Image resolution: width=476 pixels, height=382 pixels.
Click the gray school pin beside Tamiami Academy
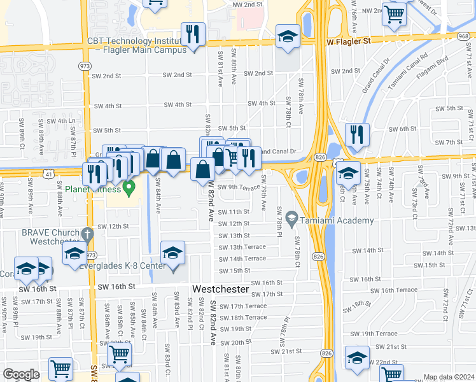[292, 220]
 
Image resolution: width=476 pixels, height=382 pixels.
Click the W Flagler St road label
[348, 41]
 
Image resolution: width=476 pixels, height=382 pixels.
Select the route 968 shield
[466, 36]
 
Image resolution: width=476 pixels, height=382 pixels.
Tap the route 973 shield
[85, 66]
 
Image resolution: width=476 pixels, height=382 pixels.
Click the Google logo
[21, 374]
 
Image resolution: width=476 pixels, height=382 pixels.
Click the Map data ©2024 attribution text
[449, 377]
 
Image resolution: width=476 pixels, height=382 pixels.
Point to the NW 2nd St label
[248, 4]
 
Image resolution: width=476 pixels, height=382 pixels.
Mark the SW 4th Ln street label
[61, 120]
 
